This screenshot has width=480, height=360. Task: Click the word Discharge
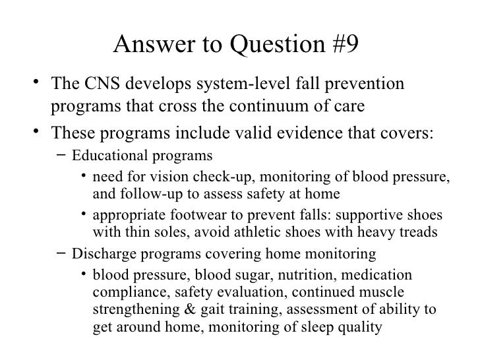point(99,253)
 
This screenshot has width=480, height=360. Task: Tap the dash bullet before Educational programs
point(61,156)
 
